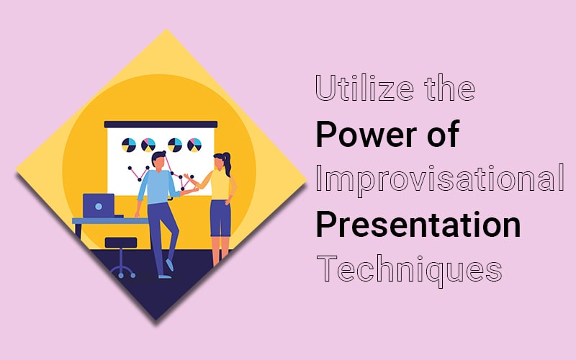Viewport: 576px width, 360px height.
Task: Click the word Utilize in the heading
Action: click(365, 88)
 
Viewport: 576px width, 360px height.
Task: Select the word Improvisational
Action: click(440, 179)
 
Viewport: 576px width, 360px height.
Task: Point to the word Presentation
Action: click(418, 224)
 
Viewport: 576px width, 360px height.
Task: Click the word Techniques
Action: click(409, 270)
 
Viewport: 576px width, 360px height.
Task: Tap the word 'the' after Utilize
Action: click(449, 88)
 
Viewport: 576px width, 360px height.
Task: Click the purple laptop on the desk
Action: click(99, 206)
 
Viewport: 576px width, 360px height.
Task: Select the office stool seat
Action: click(121, 243)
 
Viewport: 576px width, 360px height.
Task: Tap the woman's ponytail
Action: click(228, 164)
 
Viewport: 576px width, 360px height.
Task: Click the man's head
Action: click(158, 161)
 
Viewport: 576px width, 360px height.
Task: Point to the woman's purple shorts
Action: click(220, 218)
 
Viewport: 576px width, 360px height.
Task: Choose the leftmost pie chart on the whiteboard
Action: click(129, 145)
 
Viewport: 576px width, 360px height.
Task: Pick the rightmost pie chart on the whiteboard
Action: click(194, 145)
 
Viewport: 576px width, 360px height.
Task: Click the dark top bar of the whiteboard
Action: click(161, 125)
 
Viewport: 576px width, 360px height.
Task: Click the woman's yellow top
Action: click(220, 186)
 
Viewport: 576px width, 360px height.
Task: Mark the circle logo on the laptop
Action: click(99, 206)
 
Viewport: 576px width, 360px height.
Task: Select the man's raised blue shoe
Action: click(169, 265)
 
